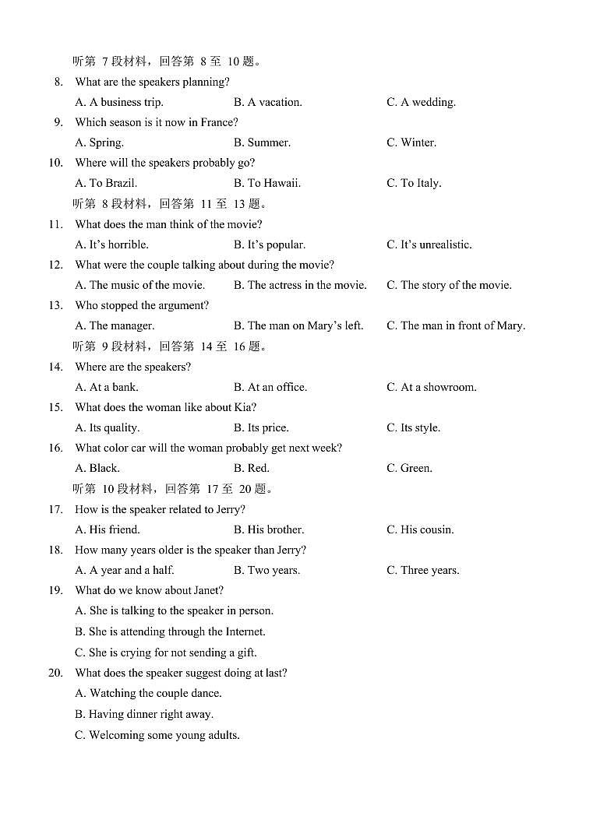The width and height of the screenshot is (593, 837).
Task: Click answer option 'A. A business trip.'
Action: [119, 102]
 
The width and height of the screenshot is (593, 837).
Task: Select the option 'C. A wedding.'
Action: [421, 102]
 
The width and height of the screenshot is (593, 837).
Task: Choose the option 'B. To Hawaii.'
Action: [266, 183]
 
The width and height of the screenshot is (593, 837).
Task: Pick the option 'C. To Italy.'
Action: [414, 183]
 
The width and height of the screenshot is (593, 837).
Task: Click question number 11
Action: [55, 224]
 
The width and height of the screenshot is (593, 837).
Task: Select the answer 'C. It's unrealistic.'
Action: [429, 244]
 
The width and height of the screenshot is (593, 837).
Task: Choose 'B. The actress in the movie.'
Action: [300, 285]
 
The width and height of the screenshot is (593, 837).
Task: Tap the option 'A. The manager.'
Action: [115, 325]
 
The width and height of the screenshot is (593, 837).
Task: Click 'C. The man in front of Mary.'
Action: [456, 325]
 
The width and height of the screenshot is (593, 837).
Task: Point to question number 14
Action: [55, 367]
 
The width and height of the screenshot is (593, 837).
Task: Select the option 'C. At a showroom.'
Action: [431, 387]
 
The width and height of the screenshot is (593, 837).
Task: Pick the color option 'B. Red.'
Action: [251, 468]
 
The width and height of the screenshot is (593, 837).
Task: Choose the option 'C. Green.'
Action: [409, 468]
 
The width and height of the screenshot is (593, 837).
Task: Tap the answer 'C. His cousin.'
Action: [420, 529]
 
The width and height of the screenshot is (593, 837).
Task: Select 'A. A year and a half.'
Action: [125, 570]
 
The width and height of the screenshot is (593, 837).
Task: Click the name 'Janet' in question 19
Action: [205, 590]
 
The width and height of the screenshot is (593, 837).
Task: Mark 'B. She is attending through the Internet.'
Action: [170, 631]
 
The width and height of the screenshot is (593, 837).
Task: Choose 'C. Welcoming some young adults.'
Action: [157, 735]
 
